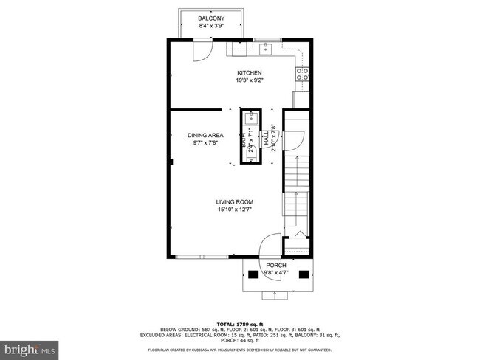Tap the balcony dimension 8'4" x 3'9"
pos(212,26)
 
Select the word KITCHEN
pos(249,72)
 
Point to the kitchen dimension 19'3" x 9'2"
pos(249,80)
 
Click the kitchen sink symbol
pos(267,49)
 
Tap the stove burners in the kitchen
pos(301,73)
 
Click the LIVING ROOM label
pos(235,201)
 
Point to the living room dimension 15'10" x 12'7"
pos(235,210)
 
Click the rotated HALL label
pos(281,137)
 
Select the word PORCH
pos(276,265)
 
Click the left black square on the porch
pos(253,275)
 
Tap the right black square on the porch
pos(304,275)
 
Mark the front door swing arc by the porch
pos(271,243)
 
